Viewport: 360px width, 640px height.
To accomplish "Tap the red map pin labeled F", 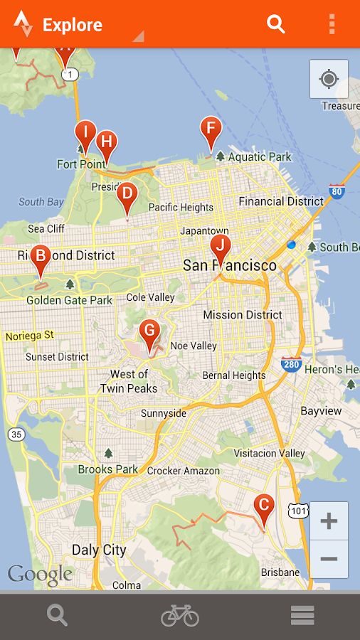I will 210,131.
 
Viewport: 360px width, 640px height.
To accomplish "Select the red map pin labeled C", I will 263,507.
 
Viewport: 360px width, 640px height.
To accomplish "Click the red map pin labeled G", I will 149,331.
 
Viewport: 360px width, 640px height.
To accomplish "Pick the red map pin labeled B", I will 40,257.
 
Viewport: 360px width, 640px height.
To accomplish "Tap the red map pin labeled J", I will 221,247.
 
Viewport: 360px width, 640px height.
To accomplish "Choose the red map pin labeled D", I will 127,195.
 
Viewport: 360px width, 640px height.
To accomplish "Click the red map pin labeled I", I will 85,133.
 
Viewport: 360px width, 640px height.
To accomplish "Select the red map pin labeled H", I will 106,142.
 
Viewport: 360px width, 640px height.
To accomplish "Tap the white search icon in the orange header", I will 276,24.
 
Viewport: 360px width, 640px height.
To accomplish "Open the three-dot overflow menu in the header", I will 332,24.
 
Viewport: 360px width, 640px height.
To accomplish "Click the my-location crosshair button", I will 329,78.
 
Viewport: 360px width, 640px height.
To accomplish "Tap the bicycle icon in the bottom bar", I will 180,615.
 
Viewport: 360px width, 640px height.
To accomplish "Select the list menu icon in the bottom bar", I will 302,615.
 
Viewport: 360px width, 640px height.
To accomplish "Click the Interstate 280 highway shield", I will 290,364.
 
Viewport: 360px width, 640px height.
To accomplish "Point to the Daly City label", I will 99,550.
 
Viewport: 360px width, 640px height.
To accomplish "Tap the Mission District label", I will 243,315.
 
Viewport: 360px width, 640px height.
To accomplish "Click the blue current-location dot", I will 291,245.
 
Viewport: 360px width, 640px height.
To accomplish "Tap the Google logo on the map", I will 40,575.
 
